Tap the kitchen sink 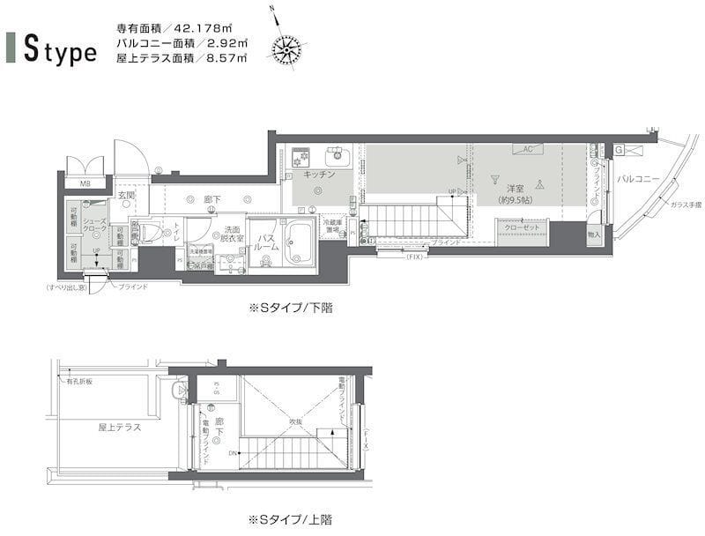tap(338, 158)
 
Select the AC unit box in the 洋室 tap(527, 149)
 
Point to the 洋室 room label tap(516, 190)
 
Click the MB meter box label tap(85, 183)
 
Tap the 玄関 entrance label tap(125, 195)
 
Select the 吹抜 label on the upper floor tap(295, 421)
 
